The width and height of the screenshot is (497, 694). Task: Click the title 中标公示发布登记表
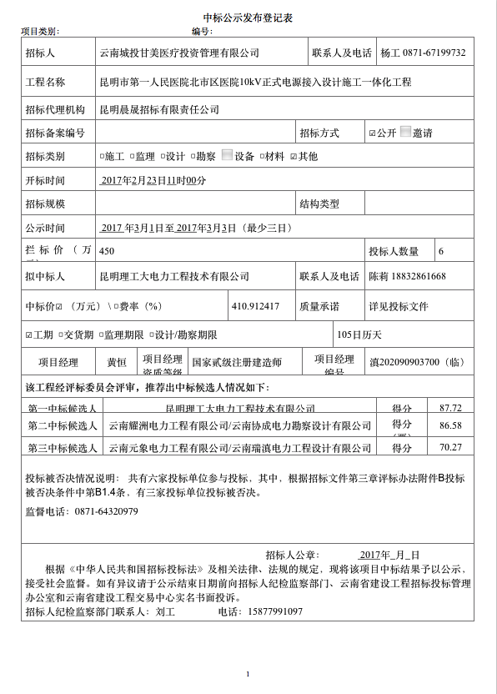[x=248, y=18]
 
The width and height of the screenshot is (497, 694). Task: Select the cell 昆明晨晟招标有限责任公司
[x=159, y=109]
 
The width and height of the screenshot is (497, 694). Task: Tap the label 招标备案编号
[x=55, y=133]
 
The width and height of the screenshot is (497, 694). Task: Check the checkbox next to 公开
[x=373, y=133]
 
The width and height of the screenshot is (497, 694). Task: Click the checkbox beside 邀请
[x=406, y=132]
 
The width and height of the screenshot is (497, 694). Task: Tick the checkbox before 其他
[x=294, y=156]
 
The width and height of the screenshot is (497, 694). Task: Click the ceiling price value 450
[x=107, y=250]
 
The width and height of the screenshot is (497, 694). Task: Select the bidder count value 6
[x=441, y=251]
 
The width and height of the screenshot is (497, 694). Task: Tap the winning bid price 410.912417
[x=255, y=306]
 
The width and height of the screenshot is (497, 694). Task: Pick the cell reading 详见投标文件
[x=399, y=307]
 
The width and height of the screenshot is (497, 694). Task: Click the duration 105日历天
[x=359, y=334]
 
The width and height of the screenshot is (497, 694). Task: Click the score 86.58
[x=450, y=425]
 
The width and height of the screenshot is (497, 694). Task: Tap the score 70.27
[x=450, y=448]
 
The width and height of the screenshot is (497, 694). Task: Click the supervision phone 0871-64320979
[x=106, y=511]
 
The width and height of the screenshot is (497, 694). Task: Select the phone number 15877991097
[x=274, y=611]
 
